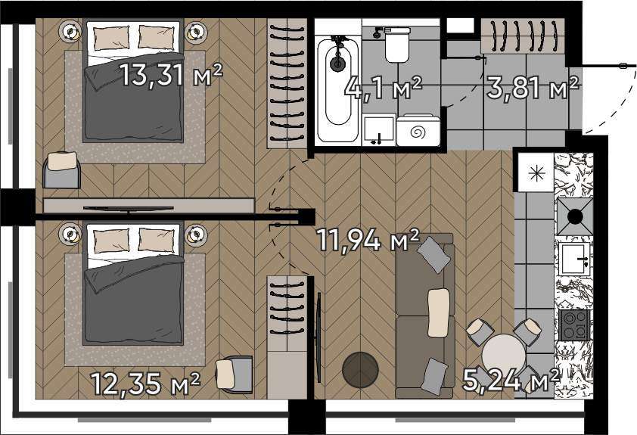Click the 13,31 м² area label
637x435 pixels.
click(x=171, y=75)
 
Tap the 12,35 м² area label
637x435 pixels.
click(x=145, y=384)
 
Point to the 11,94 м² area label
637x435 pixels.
click(x=368, y=240)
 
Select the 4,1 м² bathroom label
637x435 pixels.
click(x=383, y=89)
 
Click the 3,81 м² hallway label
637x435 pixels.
click(x=532, y=88)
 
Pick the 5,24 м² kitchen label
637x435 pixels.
click(x=511, y=379)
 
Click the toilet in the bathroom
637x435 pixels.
click(x=397, y=45)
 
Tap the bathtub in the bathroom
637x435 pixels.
click(x=337, y=89)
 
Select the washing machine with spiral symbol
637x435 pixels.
click(x=418, y=130)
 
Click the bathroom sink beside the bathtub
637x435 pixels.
click(x=378, y=129)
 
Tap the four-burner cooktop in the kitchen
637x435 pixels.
click(x=574, y=325)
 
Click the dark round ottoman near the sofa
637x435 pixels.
click(x=360, y=370)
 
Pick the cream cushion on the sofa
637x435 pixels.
click(x=439, y=312)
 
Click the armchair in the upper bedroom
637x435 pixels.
click(x=61, y=169)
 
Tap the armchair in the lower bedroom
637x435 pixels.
click(x=234, y=374)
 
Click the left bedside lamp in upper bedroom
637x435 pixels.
click(x=71, y=31)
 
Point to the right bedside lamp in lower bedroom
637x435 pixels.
click(x=196, y=235)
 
